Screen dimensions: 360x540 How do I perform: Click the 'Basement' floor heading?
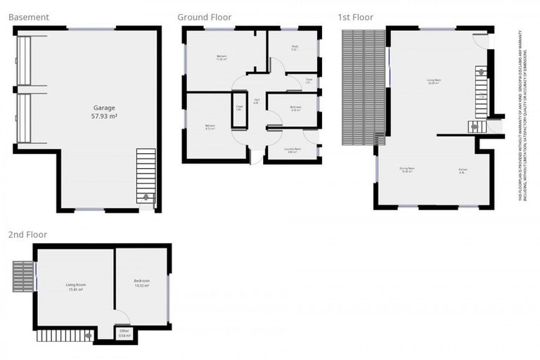pyautogui.click(x=30, y=17)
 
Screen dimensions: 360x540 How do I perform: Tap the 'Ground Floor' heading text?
pyautogui.click(x=204, y=17)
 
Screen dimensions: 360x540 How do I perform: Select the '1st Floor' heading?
pyautogui.click(x=356, y=17)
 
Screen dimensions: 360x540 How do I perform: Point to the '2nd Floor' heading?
pyautogui.click(x=27, y=234)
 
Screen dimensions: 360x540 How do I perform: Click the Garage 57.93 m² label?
pyautogui.click(x=105, y=112)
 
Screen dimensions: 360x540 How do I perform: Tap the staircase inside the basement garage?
pyautogui.click(x=146, y=175)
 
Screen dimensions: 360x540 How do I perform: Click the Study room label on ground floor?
pyautogui.click(x=295, y=48)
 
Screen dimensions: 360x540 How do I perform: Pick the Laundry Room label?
pyautogui.click(x=294, y=150)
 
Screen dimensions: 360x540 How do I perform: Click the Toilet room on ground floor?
pyautogui.click(x=308, y=82)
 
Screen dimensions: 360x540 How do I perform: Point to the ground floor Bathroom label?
pyautogui.click(x=295, y=108)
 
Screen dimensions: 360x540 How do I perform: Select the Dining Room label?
pyautogui.click(x=406, y=169)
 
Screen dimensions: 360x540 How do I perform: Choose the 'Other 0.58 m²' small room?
pyautogui.click(x=124, y=333)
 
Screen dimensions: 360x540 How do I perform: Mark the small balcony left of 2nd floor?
pyautogui.click(x=22, y=276)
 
